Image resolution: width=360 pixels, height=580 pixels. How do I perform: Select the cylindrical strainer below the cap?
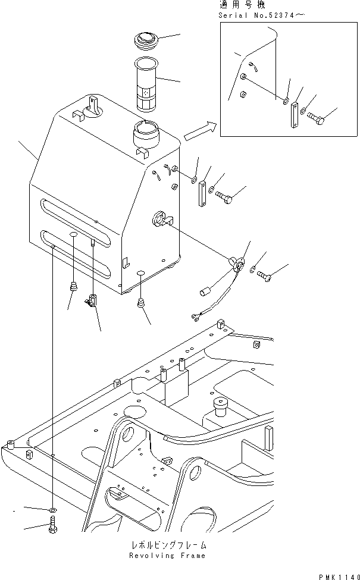(x=146, y=83)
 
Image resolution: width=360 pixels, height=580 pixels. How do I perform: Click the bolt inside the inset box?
(x=316, y=121)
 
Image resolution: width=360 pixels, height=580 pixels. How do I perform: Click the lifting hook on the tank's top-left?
(x=92, y=106)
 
